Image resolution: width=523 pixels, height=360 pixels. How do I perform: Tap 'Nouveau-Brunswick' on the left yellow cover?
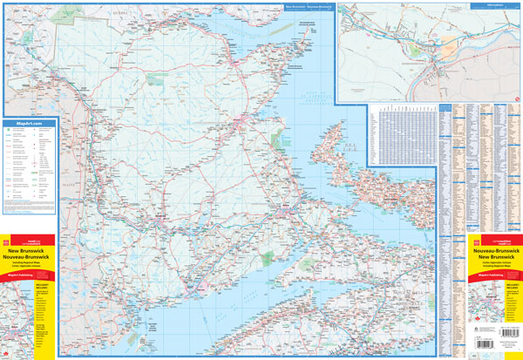point(29,257)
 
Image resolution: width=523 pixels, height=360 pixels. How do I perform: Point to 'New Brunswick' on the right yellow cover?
point(494,258)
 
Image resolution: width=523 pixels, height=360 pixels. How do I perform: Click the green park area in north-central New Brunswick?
point(157,78)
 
